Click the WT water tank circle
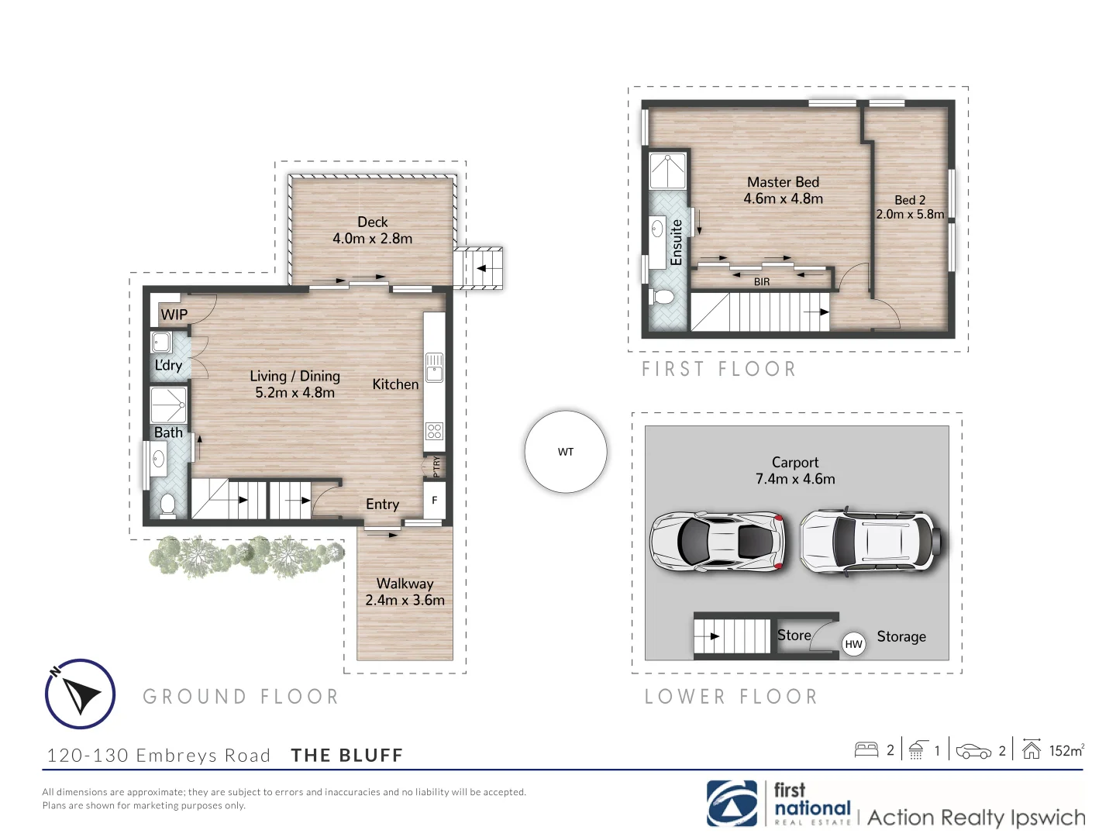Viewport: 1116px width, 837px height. (x=566, y=452)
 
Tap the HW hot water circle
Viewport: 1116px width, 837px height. (x=853, y=644)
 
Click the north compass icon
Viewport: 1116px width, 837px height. (x=80, y=694)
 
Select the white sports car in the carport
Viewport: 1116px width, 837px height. (x=717, y=541)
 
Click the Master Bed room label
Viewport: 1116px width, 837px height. (x=783, y=182)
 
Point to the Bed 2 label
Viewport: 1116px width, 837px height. (x=910, y=200)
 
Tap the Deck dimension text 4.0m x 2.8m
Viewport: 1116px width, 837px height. (x=372, y=239)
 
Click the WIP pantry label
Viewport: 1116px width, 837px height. (x=174, y=315)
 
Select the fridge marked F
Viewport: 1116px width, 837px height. (x=434, y=501)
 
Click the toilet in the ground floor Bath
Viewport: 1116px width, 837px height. (x=167, y=505)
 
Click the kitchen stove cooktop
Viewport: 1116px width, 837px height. (x=434, y=431)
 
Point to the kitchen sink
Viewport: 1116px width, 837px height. (x=434, y=367)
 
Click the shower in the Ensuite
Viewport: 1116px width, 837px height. (x=667, y=171)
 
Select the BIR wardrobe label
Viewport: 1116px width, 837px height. (x=762, y=282)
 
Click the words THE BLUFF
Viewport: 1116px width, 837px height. (x=347, y=756)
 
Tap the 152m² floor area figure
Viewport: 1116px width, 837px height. (x=1066, y=750)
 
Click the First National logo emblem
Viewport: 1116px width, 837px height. (x=732, y=804)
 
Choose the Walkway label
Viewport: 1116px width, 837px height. (x=405, y=584)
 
